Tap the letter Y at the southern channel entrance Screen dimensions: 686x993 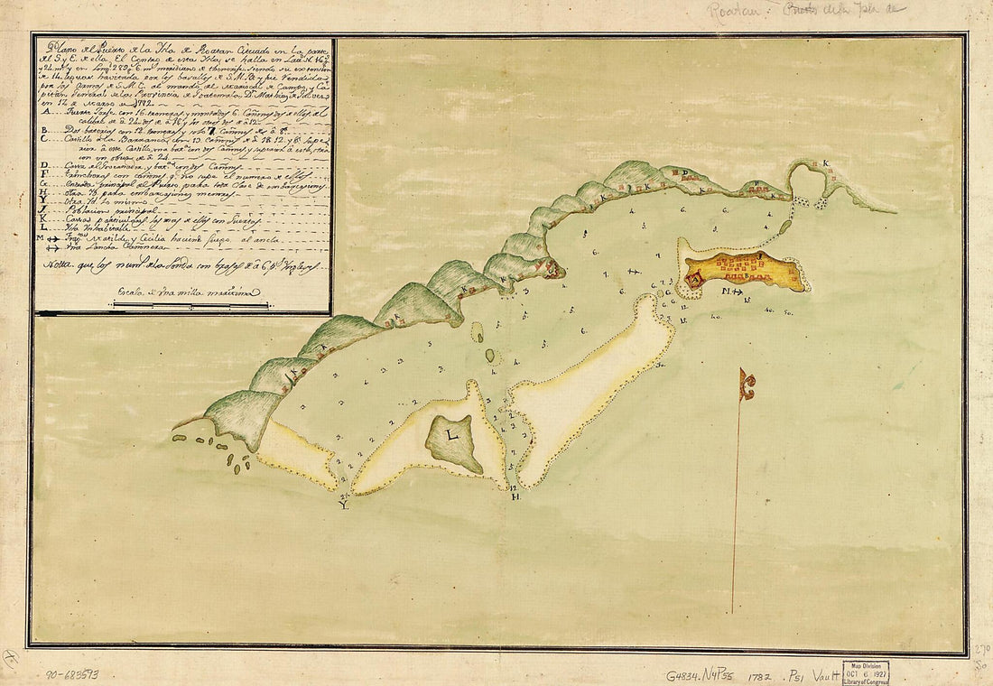343,505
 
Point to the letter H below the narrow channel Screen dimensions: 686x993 514,498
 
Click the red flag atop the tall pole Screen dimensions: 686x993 747,385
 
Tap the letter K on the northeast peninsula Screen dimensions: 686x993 825,164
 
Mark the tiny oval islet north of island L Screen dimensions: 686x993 490,356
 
